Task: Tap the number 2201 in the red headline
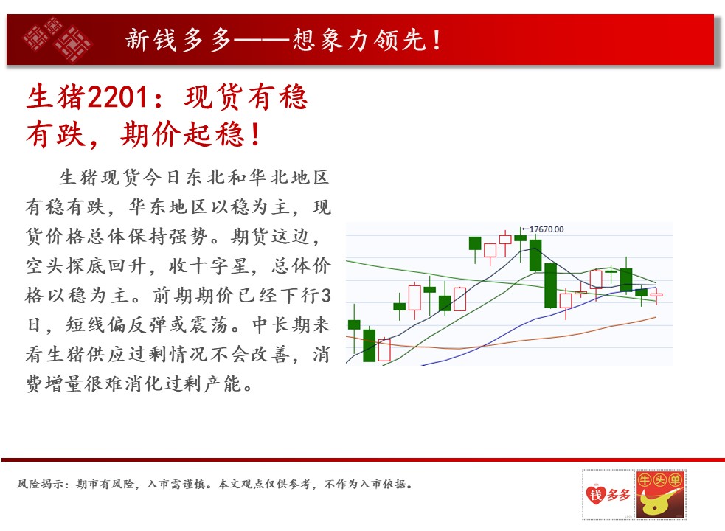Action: pyautogui.click(x=118, y=97)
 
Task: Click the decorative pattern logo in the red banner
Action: pyautogui.click(x=58, y=39)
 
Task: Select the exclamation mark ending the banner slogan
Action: pyautogui.click(x=437, y=40)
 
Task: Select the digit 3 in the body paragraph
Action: pyautogui.click(x=325, y=295)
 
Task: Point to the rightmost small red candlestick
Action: pyautogui.click(x=656, y=295)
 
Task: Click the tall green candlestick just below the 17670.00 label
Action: pyautogui.click(x=535, y=255)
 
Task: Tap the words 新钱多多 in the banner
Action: pyautogui.click(x=178, y=40)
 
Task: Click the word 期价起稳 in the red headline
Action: pyautogui.click(x=181, y=135)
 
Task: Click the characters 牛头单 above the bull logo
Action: pyautogui.click(x=660, y=480)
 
